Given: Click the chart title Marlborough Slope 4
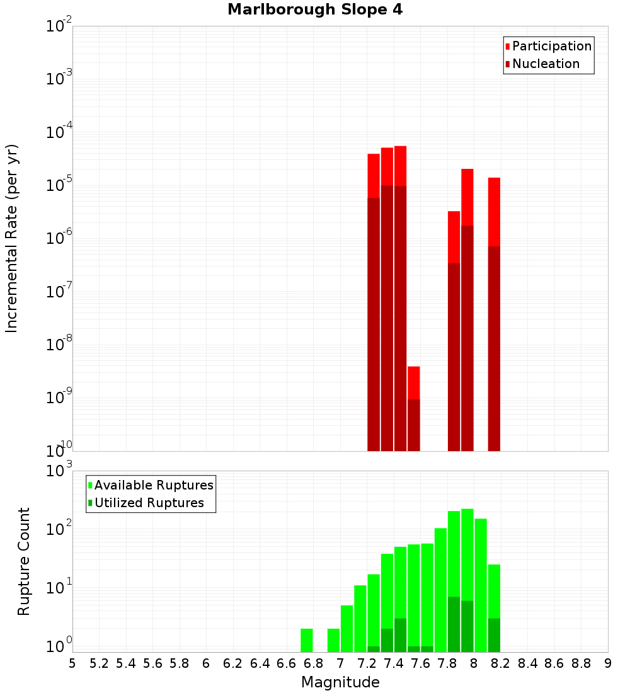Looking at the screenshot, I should coord(314,9).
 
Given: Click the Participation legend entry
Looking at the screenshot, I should coord(551,46).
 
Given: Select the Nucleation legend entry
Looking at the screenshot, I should coord(545,64).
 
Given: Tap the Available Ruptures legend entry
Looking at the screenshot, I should coord(153,485).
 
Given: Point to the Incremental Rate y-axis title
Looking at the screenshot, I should coord(12,238).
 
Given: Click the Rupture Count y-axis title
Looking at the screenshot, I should coord(24,561).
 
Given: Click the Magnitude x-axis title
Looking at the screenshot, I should coord(340,682).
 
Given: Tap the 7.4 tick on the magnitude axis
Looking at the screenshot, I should coord(394,663).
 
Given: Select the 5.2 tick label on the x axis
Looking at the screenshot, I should coord(99,663).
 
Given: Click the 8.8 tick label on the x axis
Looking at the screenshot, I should coord(581,663).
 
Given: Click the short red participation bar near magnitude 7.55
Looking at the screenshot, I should coord(414,382).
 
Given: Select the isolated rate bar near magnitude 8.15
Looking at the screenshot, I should coord(494,315).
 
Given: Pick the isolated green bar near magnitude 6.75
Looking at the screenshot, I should coord(307,640).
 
